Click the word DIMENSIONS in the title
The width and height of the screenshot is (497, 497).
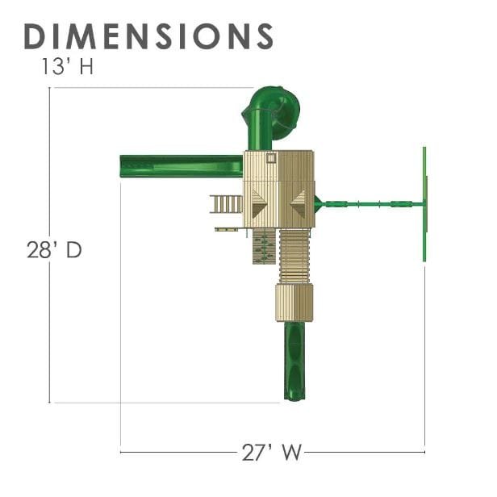(x=148, y=36)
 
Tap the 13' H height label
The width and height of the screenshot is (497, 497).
(x=67, y=66)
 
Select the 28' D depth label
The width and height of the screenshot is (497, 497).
(x=55, y=249)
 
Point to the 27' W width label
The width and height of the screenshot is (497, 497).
(x=272, y=452)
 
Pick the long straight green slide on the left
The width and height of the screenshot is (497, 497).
(x=181, y=165)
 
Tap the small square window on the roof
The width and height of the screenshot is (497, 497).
(x=271, y=158)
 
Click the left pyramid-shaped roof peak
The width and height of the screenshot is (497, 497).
(x=259, y=203)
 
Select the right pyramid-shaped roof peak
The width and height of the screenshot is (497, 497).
(x=299, y=204)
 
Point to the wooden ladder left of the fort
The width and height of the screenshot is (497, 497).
(x=226, y=204)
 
